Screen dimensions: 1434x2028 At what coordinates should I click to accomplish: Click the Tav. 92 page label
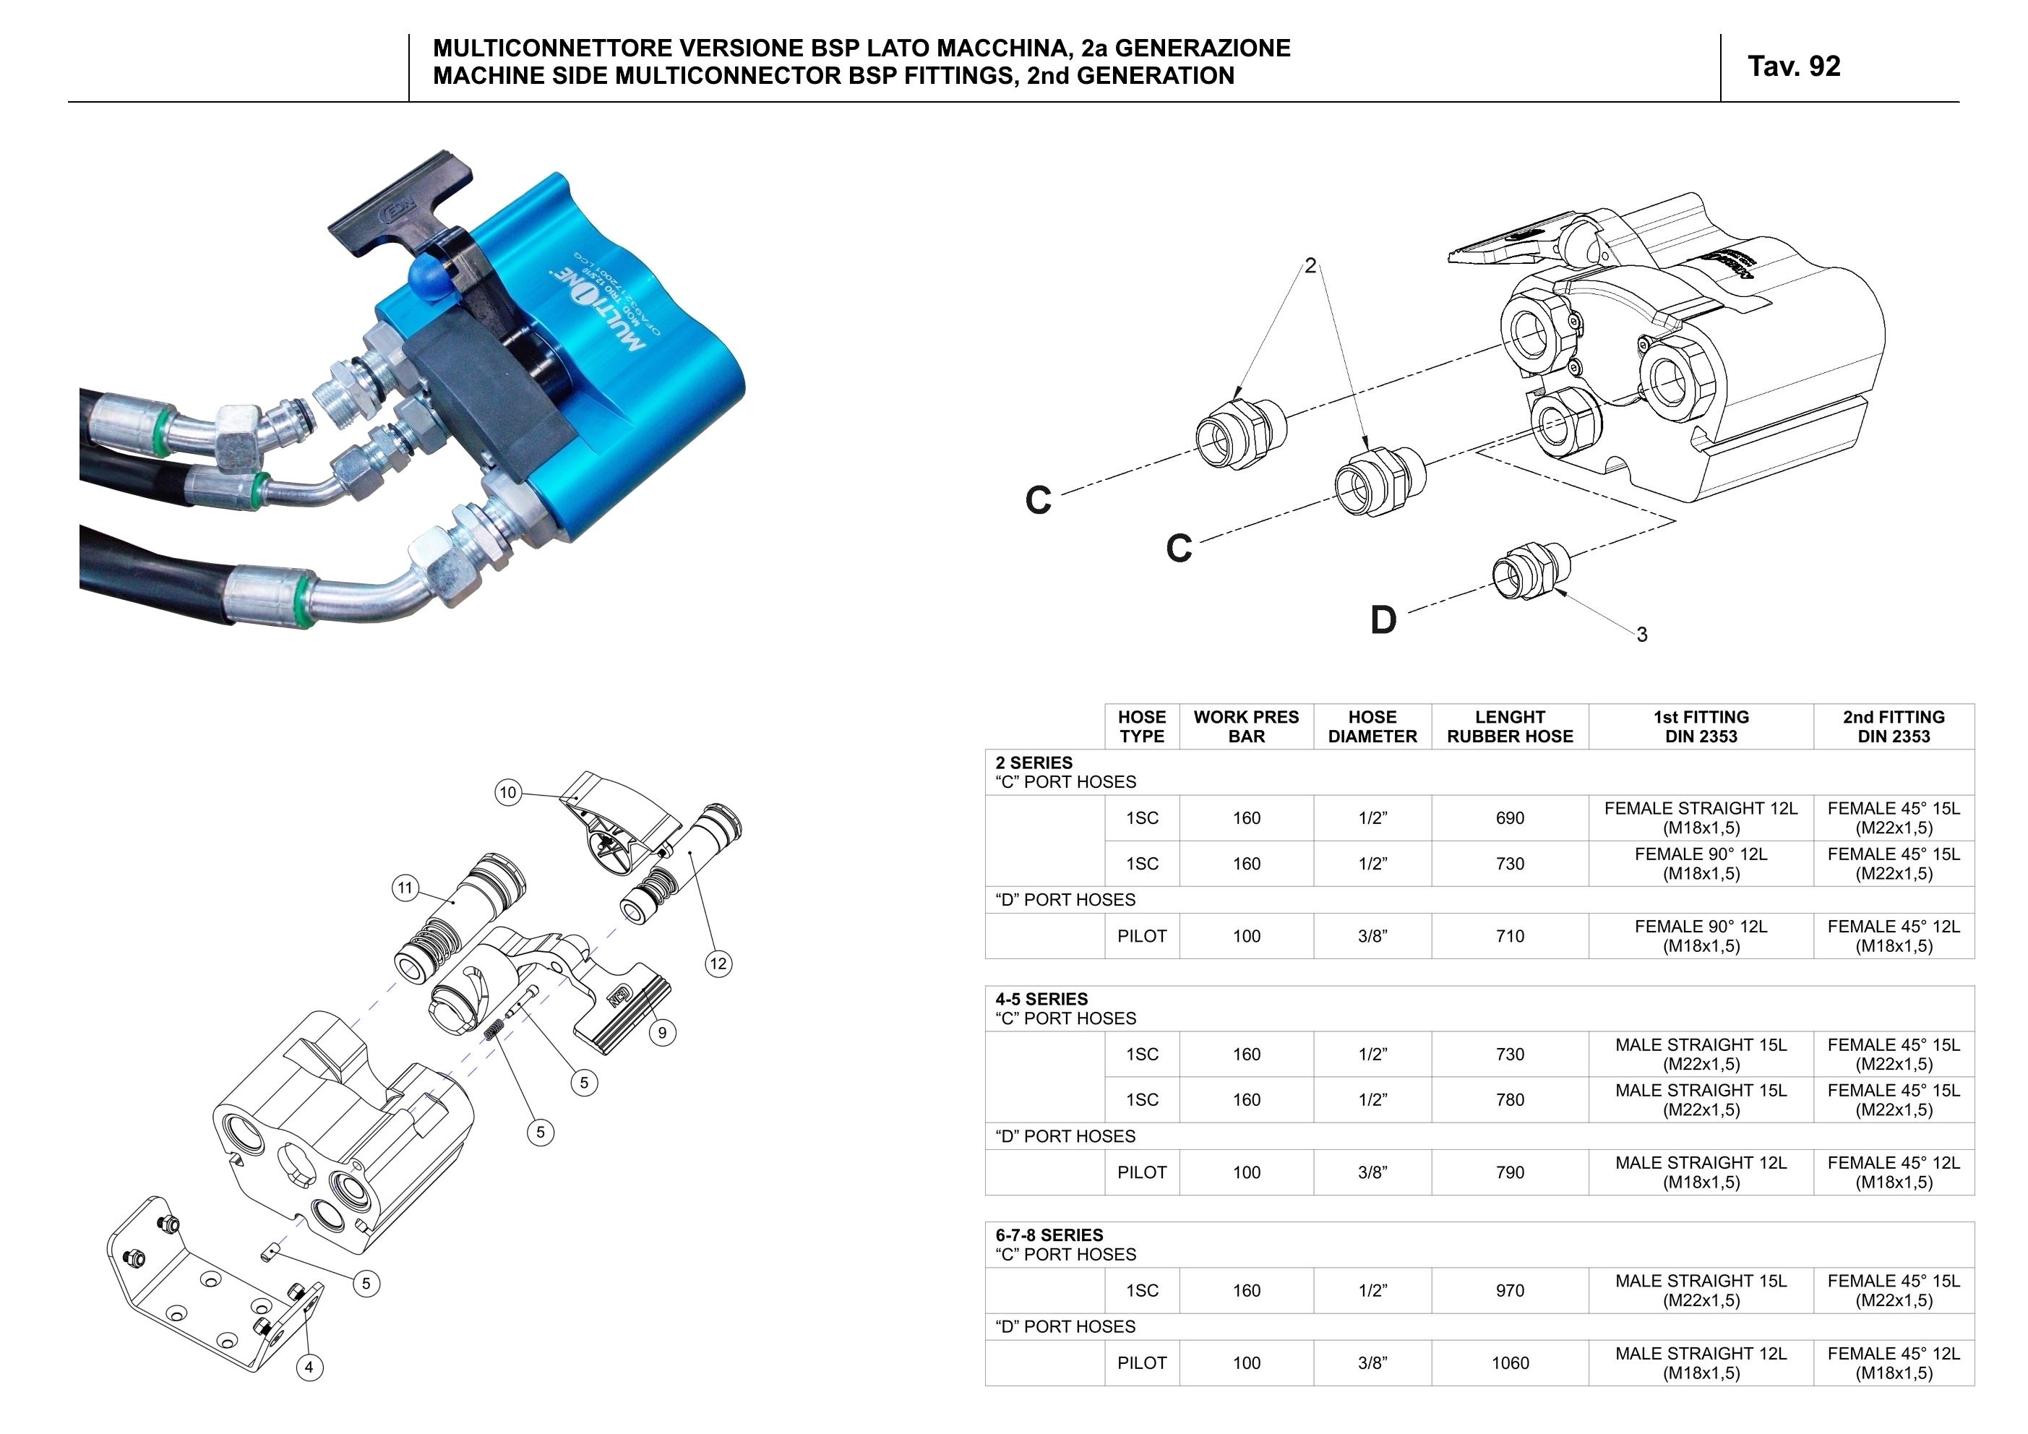tap(1793, 67)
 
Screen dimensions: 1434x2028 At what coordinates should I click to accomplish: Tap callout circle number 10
tap(508, 793)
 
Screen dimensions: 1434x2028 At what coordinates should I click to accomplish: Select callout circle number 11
tap(405, 888)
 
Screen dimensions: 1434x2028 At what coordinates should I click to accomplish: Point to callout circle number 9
tap(663, 1032)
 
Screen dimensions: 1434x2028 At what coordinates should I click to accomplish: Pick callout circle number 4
tap(309, 1368)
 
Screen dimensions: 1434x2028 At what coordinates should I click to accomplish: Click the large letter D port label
tap(1383, 620)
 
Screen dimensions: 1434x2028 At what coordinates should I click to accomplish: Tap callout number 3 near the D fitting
tap(1641, 635)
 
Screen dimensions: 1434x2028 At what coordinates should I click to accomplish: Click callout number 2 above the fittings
tap(1311, 266)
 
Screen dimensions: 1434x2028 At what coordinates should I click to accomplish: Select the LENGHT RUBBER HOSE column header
tap(1510, 726)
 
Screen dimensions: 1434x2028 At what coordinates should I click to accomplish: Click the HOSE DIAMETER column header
tap(1372, 726)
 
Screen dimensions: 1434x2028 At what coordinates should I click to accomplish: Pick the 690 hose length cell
tap(1510, 818)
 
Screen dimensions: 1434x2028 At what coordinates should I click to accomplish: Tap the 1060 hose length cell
tap(1510, 1363)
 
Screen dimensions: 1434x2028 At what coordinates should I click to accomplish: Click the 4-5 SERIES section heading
tap(1041, 1000)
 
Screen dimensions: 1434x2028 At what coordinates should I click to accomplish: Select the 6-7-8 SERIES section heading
tap(1049, 1235)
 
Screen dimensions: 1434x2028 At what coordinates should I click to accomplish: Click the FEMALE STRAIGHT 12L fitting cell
tap(1701, 818)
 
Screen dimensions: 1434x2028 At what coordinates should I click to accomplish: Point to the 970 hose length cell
tap(1510, 1291)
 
